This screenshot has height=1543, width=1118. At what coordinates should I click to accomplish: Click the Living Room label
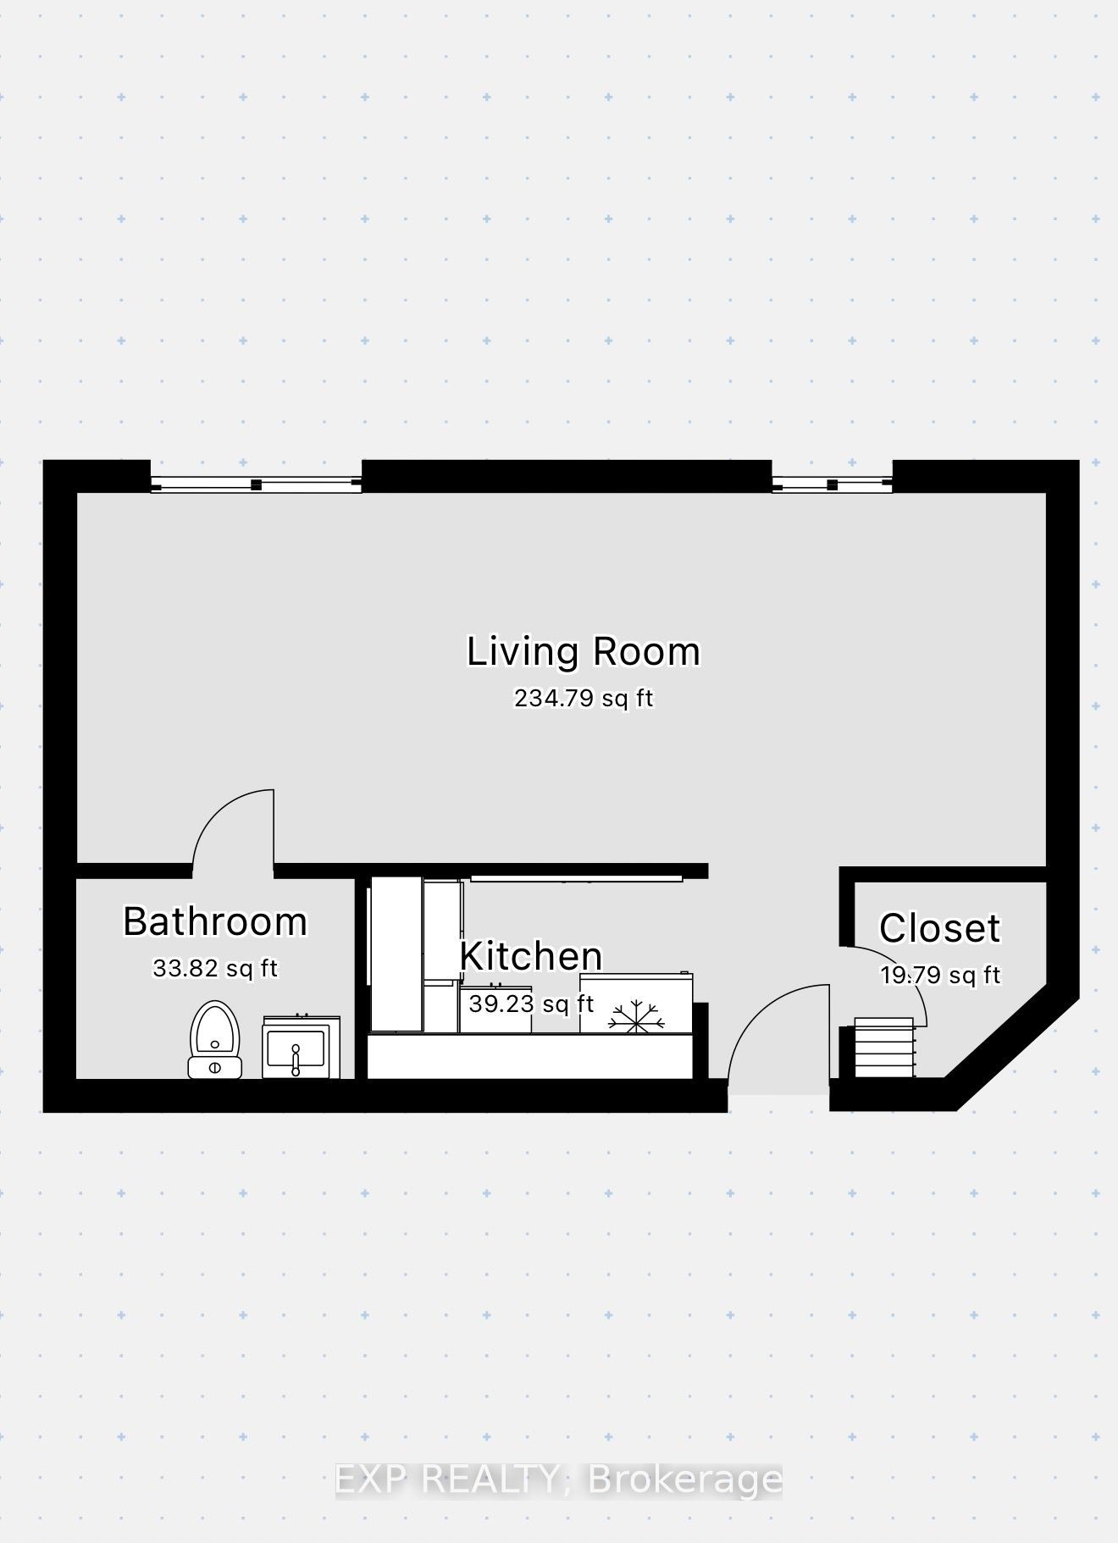pos(584,651)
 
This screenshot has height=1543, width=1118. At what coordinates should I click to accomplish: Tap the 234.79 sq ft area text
pos(584,699)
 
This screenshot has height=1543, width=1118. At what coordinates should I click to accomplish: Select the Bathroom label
pos(215,921)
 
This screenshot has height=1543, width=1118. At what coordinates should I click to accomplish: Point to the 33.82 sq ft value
pos(215,968)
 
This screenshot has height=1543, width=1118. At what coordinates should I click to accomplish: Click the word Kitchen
pos(531,956)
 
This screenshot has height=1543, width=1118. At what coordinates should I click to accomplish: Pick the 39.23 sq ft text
pos(531,1004)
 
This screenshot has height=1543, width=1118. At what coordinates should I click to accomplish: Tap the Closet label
pos(940,928)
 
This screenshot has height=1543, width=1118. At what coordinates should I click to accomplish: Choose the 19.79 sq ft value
pos(940,975)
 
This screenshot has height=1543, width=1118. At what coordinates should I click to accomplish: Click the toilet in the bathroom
pos(215,1040)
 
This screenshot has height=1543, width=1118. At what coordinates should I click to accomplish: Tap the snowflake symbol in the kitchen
pos(635,1016)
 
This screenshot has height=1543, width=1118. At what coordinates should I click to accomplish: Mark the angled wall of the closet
pos(1012,1047)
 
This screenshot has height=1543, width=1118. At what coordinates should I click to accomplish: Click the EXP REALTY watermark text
pos(446,1479)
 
